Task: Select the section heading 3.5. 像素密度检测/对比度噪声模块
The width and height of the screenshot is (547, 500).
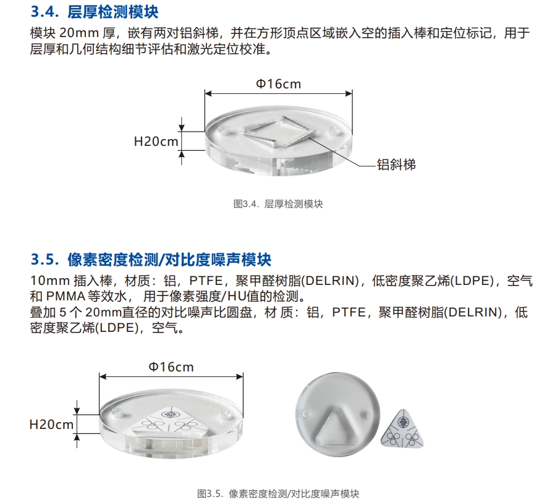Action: point(151,258)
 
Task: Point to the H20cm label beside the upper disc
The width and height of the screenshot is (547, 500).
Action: point(156,141)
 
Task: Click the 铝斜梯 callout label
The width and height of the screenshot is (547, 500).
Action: point(396,164)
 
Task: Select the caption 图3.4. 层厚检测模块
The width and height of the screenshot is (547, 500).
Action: point(278,204)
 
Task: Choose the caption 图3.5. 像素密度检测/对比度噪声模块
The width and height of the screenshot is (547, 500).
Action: point(278,493)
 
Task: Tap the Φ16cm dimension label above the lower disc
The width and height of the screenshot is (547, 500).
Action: point(171,367)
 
